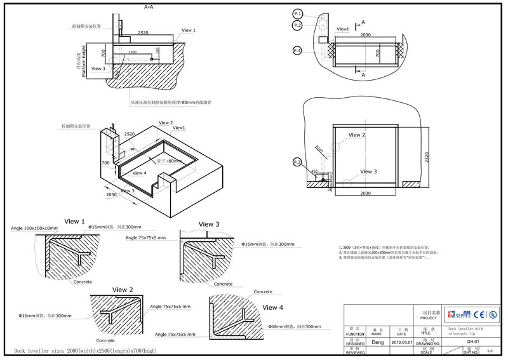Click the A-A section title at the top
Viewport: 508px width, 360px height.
coord(149,6)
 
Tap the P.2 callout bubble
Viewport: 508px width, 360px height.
coord(298,25)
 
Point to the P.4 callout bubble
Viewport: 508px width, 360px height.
coord(298,50)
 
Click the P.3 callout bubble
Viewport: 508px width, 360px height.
coord(297,163)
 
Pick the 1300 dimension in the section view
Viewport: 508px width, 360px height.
coord(132,52)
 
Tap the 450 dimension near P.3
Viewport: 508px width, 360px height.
coord(314,171)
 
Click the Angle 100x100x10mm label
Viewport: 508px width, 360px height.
coord(34,227)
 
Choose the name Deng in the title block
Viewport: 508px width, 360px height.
coord(377,342)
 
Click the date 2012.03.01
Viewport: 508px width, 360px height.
coord(401,342)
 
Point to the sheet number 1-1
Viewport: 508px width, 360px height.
coord(490,351)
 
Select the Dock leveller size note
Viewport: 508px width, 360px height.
coord(85,350)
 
